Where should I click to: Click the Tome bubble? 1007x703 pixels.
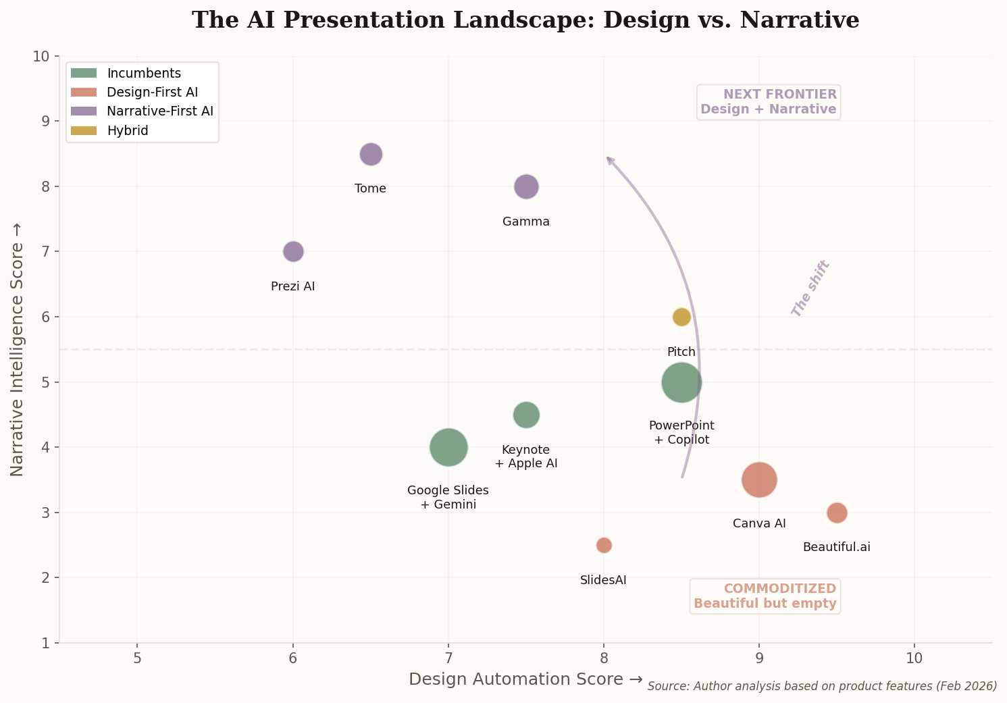pos(370,154)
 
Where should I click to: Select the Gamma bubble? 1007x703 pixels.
pos(526,186)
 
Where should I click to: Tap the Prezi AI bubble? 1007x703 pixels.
pos(292,251)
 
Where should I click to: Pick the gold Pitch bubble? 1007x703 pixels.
pos(681,317)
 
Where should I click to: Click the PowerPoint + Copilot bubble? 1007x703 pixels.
pos(681,382)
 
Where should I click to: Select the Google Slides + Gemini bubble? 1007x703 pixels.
pos(448,447)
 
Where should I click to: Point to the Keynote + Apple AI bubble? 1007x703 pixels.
pos(526,415)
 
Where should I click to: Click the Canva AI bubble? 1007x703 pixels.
pos(759,479)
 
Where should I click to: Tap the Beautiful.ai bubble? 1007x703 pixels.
pos(837,513)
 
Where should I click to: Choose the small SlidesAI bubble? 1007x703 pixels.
pos(604,545)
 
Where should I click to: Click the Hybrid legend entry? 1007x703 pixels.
pos(127,131)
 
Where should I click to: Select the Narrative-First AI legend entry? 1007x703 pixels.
pos(159,111)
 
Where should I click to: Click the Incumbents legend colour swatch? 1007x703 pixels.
pos(84,73)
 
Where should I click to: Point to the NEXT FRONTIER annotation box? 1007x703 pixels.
pos(769,102)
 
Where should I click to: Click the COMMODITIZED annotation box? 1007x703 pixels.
pos(765,596)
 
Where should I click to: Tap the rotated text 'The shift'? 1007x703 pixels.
pos(810,288)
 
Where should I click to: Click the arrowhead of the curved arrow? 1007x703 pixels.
pos(609,159)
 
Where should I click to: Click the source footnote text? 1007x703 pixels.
pos(822,686)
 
